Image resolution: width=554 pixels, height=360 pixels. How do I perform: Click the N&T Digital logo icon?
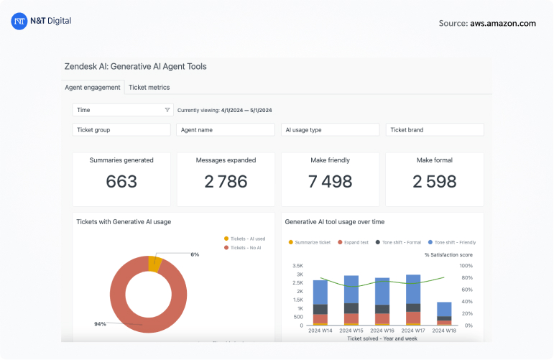click(x=19, y=22)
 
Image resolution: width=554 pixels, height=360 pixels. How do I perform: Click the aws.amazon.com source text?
click(x=503, y=23)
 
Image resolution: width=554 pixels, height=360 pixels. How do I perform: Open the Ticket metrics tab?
click(x=149, y=87)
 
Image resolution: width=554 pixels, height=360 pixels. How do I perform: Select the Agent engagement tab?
click(x=93, y=87)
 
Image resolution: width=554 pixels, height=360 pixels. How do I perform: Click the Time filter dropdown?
click(x=123, y=110)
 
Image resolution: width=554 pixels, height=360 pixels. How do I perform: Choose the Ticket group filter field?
click(x=122, y=130)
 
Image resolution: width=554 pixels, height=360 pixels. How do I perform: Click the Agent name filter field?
click(x=226, y=130)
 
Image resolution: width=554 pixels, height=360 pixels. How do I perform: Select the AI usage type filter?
click(x=330, y=130)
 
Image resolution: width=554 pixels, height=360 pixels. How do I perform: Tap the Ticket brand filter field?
click(x=434, y=130)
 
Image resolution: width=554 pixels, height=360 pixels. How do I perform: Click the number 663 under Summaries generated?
click(x=121, y=183)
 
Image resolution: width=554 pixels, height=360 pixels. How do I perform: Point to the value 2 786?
click(x=226, y=183)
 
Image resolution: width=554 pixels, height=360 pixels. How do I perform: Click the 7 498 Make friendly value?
click(x=330, y=183)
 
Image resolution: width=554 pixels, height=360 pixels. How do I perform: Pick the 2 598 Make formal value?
click(x=434, y=183)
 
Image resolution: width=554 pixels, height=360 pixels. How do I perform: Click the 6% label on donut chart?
click(x=195, y=254)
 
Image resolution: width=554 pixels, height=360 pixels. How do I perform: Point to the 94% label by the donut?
click(x=100, y=324)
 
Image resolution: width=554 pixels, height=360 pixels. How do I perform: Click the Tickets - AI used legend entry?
click(x=247, y=239)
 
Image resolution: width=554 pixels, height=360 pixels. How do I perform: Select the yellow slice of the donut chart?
click(x=155, y=263)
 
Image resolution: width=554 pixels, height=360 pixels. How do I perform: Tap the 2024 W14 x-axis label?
click(x=320, y=331)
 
